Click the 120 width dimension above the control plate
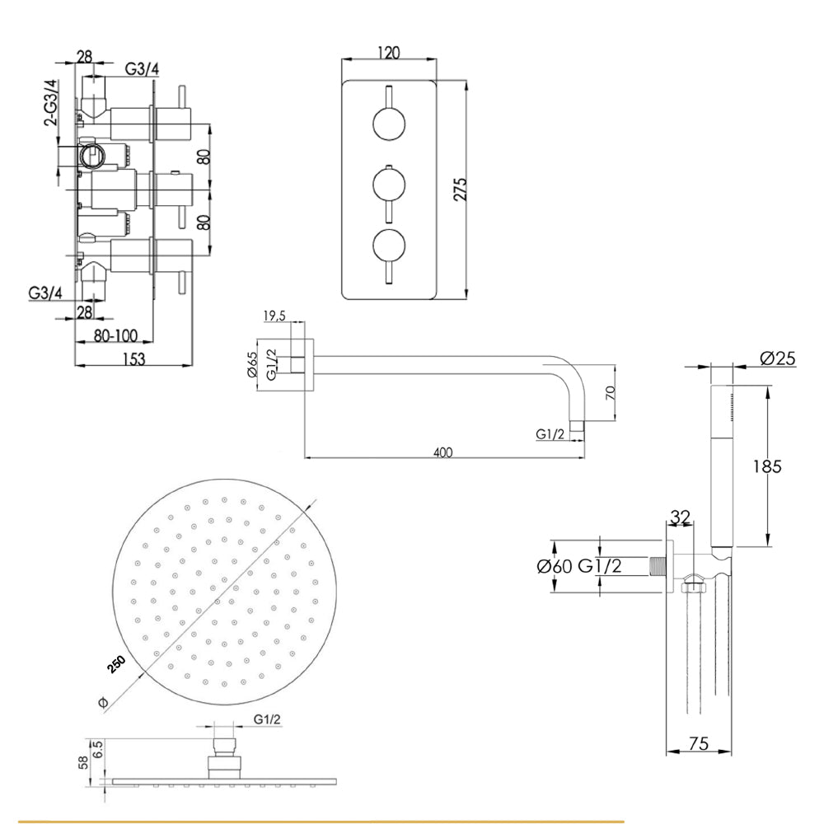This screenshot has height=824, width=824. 388,53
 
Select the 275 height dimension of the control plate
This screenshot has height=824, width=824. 460,190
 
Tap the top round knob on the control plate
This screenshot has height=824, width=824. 388,124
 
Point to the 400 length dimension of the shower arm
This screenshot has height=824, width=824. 443,452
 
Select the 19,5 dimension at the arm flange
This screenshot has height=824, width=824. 275,316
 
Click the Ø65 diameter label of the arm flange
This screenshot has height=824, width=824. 253,363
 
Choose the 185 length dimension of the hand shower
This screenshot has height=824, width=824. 766,466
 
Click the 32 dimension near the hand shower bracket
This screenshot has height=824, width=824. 680,517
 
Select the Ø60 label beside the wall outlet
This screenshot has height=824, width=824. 554,566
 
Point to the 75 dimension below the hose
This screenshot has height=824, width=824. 698,744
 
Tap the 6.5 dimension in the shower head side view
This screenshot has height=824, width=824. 98,748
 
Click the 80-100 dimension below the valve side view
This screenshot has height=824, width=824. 115,335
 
